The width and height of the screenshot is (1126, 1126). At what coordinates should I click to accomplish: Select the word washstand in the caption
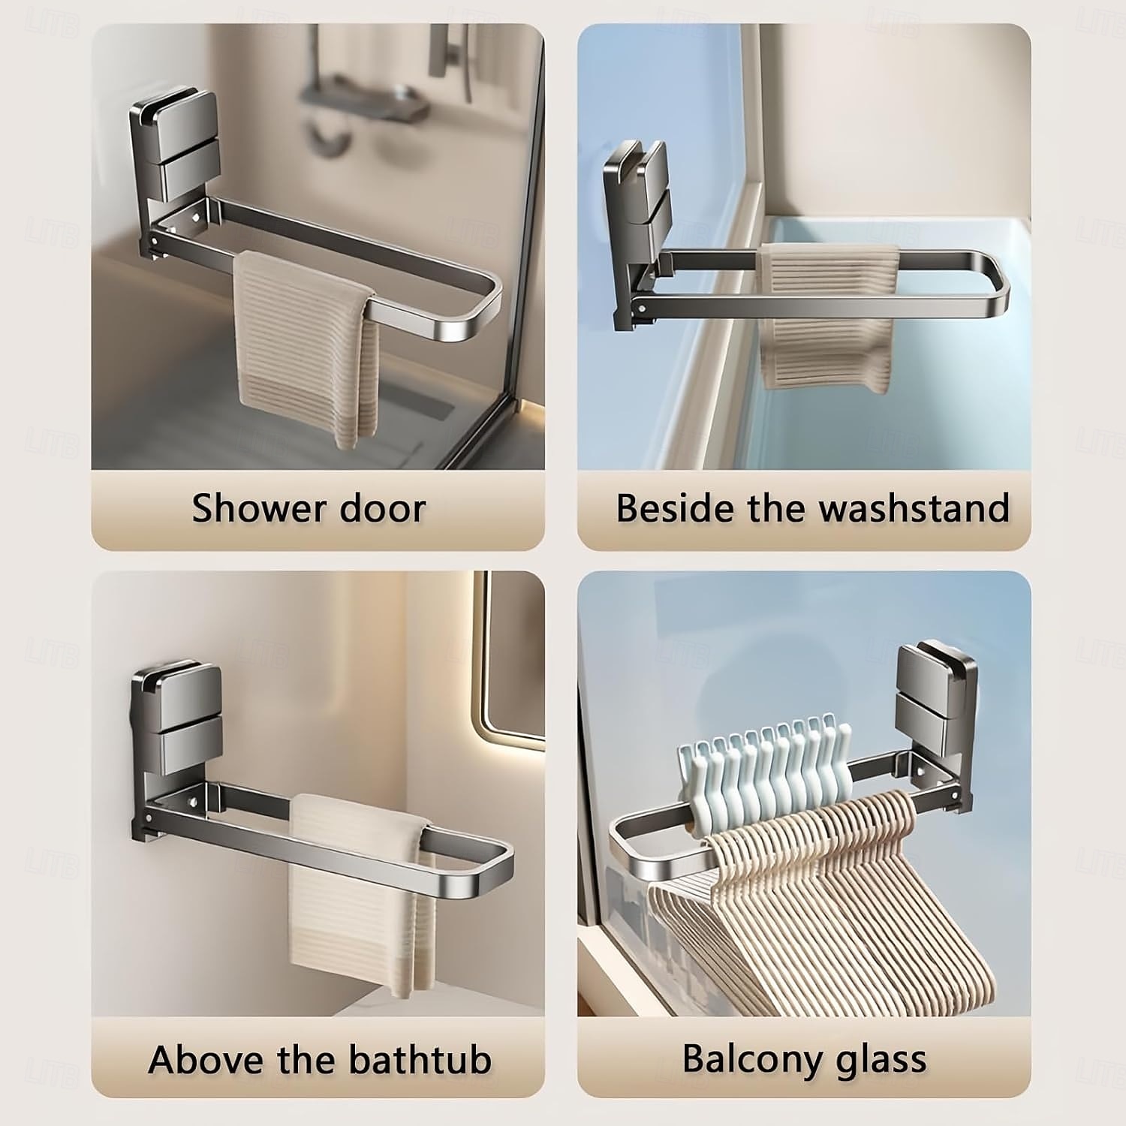click(x=914, y=508)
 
